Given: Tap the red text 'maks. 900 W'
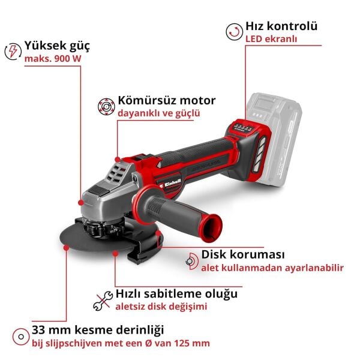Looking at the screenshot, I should [x=52, y=59].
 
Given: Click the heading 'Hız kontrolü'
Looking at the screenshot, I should [x=281, y=26].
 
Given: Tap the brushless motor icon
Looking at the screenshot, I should [x=106, y=107].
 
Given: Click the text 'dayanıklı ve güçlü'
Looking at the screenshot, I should [x=158, y=113].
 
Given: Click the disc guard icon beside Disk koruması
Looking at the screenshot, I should [x=191, y=260].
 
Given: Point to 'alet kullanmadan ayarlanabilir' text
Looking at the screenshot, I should [x=265, y=267].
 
